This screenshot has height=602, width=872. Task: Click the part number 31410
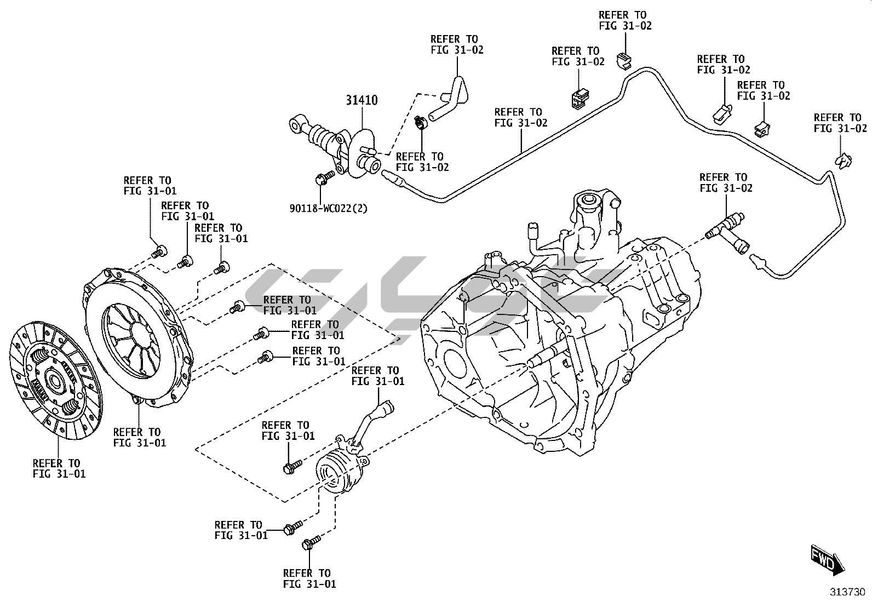coord(362,100)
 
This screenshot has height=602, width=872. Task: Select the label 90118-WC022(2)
coord(328,209)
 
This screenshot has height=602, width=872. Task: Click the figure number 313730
coord(847,592)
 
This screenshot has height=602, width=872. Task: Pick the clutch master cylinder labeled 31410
coord(335,146)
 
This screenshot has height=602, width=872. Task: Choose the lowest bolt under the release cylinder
coord(311,542)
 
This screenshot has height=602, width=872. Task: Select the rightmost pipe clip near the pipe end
coord(843,161)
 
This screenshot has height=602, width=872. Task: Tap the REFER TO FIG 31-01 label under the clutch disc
coord(59,468)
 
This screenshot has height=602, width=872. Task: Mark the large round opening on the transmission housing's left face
coord(454,364)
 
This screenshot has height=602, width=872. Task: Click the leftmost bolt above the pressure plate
coord(158,251)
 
